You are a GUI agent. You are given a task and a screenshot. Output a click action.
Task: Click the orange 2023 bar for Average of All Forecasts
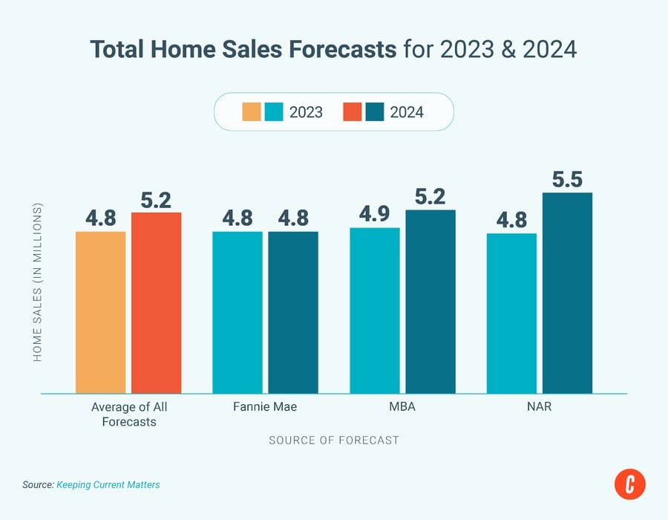(100, 312)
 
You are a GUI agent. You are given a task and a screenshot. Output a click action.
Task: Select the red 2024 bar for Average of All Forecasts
(156, 302)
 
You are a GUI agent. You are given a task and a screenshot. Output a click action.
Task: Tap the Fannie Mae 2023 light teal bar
(238, 312)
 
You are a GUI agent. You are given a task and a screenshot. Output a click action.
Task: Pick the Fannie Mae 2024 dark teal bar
(293, 312)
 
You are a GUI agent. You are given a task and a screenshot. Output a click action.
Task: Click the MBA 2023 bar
(375, 310)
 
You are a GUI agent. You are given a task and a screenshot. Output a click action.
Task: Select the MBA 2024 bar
(430, 301)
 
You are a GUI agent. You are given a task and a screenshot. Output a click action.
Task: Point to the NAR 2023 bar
(511, 313)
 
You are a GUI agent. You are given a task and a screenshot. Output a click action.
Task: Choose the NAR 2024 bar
(567, 293)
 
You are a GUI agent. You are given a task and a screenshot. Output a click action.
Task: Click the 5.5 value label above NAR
(567, 179)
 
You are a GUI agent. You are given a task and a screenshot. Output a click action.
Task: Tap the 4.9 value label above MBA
(375, 214)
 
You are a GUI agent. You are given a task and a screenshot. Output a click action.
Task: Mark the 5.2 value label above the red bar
(156, 199)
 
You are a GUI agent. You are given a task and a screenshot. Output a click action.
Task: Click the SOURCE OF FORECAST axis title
(333, 440)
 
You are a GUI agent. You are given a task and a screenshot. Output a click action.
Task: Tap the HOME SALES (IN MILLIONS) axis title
(37, 282)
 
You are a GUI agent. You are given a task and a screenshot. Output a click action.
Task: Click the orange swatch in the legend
(251, 112)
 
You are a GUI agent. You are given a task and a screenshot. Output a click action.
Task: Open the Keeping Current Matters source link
(108, 484)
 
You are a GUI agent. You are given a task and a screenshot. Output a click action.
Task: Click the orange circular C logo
(630, 484)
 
